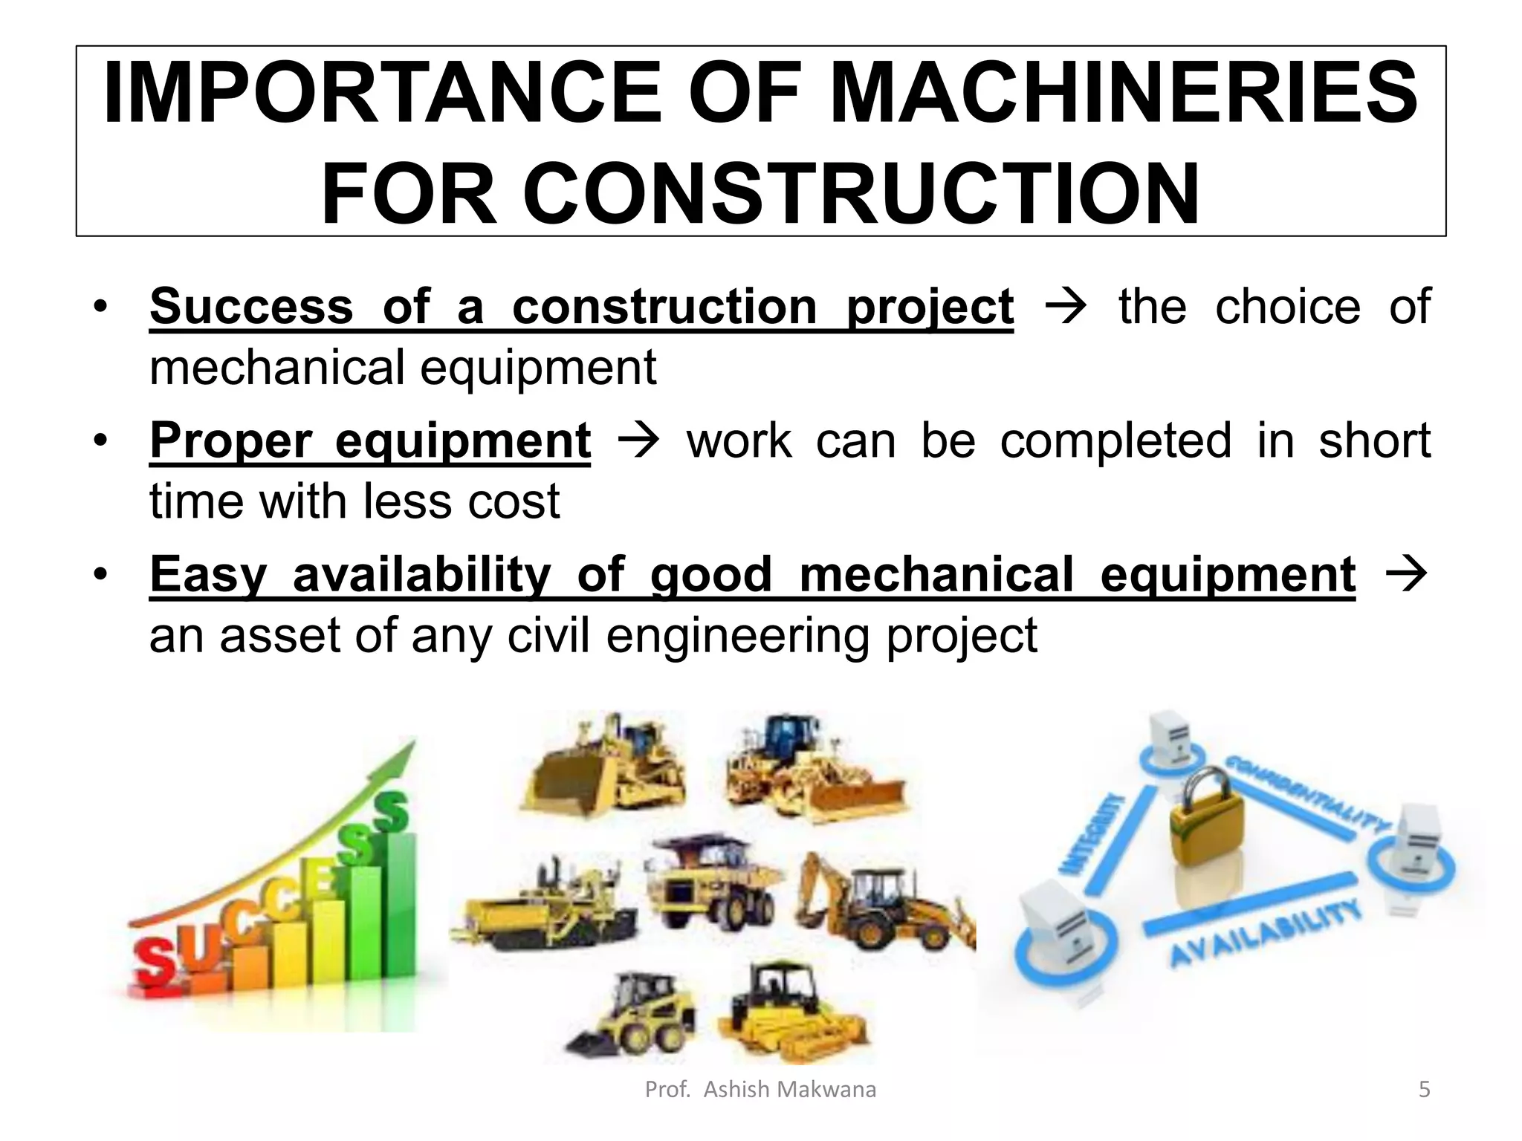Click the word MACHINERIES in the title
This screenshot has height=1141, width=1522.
(x=1123, y=93)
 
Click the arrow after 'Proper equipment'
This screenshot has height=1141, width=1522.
(x=638, y=441)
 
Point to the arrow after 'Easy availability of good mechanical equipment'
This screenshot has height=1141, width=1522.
(x=1406, y=574)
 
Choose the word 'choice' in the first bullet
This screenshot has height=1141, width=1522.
(x=1287, y=306)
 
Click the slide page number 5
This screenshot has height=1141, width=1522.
(x=1424, y=1090)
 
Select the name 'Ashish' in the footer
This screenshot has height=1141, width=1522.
(x=736, y=1090)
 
